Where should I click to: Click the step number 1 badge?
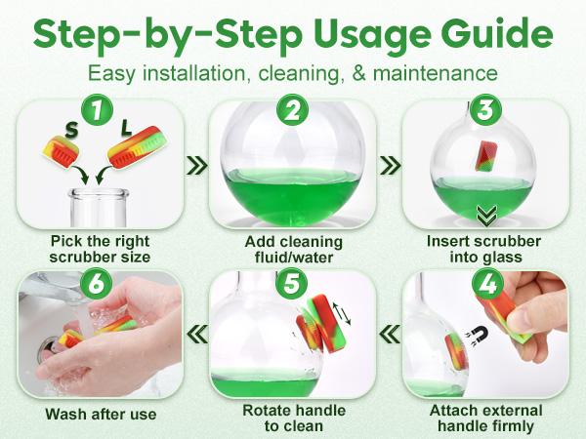tap(96, 112)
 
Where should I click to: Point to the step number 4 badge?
tap(485, 284)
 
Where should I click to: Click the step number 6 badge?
tap(96, 284)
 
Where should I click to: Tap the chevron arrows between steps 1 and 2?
tap(196, 164)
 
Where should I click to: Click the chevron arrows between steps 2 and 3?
tap(389, 164)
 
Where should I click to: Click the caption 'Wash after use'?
tap(100, 415)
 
